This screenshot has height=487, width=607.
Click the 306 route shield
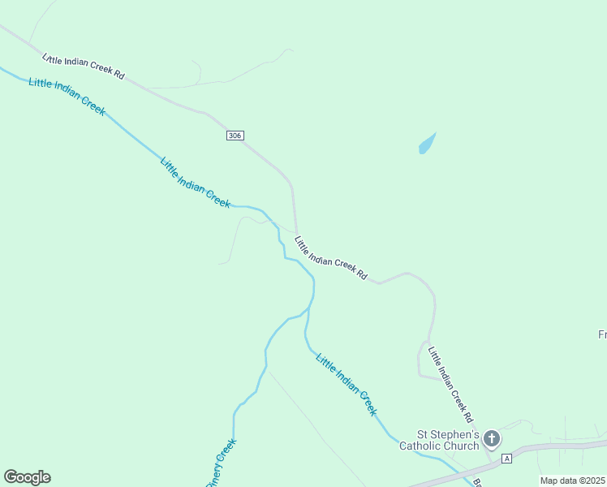(x=235, y=136)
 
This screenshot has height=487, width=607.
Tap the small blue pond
(x=427, y=144)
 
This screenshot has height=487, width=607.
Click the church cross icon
(x=491, y=439)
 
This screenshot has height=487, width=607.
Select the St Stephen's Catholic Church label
(x=438, y=440)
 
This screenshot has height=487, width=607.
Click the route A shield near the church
(x=507, y=459)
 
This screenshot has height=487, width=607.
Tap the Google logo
(x=27, y=477)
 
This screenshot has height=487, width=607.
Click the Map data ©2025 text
(x=573, y=481)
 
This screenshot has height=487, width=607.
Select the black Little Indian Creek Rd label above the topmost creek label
(x=84, y=65)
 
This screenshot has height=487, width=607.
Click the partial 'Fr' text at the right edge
(x=602, y=334)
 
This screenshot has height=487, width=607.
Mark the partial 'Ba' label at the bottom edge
(x=477, y=482)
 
